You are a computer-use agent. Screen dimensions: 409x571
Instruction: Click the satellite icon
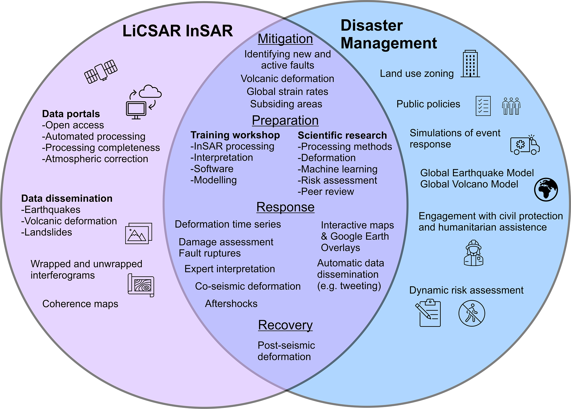click(x=101, y=71)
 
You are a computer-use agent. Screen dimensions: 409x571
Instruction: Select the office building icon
click(x=470, y=64)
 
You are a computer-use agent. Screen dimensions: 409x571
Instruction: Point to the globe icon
click(x=546, y=189)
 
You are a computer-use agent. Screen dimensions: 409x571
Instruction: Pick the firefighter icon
click(x=474, y=253)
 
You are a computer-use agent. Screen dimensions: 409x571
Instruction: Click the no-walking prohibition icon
click(x=472, y=313)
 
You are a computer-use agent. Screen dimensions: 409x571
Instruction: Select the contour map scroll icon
click(x=141, y=285)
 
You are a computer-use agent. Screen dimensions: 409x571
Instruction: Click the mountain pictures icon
click(x=139, y=233)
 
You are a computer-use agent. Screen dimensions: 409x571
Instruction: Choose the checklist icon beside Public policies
click(x=483, y=106)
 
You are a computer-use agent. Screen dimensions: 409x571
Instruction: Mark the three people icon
click(x=511, y=106)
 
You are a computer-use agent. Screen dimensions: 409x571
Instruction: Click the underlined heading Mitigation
click(x=285, y=39)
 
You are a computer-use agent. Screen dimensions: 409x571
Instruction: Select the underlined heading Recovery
click(x=285, y=325)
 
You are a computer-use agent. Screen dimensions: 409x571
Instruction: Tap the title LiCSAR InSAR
click(x=178, y=31)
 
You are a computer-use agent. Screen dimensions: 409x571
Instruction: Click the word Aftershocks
click(x=231, y=303)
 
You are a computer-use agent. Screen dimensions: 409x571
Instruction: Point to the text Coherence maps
click(x=80, y=304)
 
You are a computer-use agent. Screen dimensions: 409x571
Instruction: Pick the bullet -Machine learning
click(x=337, y=169)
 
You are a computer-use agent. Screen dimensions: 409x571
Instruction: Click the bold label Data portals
click(x=71, y=114)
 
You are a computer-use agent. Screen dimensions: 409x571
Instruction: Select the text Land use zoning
click(x=417, y=73)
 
